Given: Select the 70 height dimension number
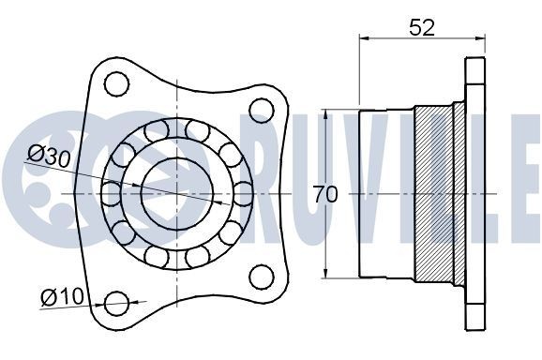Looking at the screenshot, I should (325, 194).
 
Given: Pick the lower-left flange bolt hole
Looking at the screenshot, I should (116, 302).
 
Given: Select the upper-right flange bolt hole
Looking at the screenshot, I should (260, 112).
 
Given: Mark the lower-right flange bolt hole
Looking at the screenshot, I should (260, 276).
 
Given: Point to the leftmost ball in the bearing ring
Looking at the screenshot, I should (112, 194).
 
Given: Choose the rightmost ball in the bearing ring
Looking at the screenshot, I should (243, 194).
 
